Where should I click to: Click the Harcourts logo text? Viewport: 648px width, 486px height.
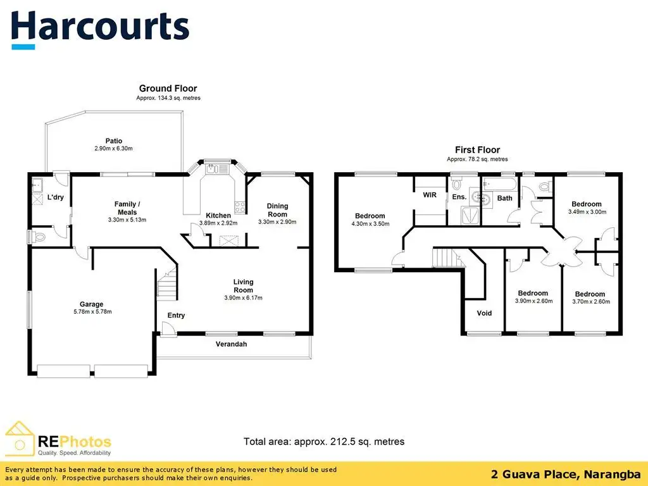100,27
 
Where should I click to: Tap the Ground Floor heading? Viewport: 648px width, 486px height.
168,89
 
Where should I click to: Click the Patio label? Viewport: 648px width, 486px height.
114,141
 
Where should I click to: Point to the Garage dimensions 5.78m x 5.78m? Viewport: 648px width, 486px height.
91,311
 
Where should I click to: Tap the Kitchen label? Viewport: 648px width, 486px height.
218,216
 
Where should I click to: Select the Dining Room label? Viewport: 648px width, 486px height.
277,210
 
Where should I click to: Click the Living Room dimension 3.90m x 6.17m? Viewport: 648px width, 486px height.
243,298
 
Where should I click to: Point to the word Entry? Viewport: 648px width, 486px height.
176,315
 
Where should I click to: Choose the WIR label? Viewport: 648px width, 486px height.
430,195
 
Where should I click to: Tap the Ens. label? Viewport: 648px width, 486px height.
459,197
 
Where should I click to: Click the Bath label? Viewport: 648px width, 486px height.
504,198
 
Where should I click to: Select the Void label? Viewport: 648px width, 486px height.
484,313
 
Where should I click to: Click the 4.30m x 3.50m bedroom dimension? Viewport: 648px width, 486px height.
370,223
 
